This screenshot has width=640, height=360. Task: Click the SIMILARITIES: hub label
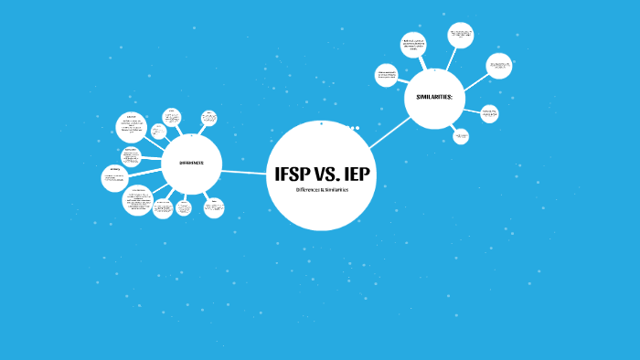point(434,97)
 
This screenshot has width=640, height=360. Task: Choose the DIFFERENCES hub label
point(191,164)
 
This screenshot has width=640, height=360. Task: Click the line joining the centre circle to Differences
point(243,171)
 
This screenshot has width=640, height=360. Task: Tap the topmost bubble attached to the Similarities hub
point(461,35)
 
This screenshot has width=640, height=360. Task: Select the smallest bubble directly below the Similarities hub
point(461,135)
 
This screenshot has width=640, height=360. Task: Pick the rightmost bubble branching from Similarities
point(498,65)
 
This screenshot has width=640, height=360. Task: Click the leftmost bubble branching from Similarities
point(387,76)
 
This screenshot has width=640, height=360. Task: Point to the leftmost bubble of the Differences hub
point(113,177)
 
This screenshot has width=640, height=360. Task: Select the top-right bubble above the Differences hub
point(209,118)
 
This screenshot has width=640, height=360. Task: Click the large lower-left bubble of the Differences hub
point(138,200)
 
